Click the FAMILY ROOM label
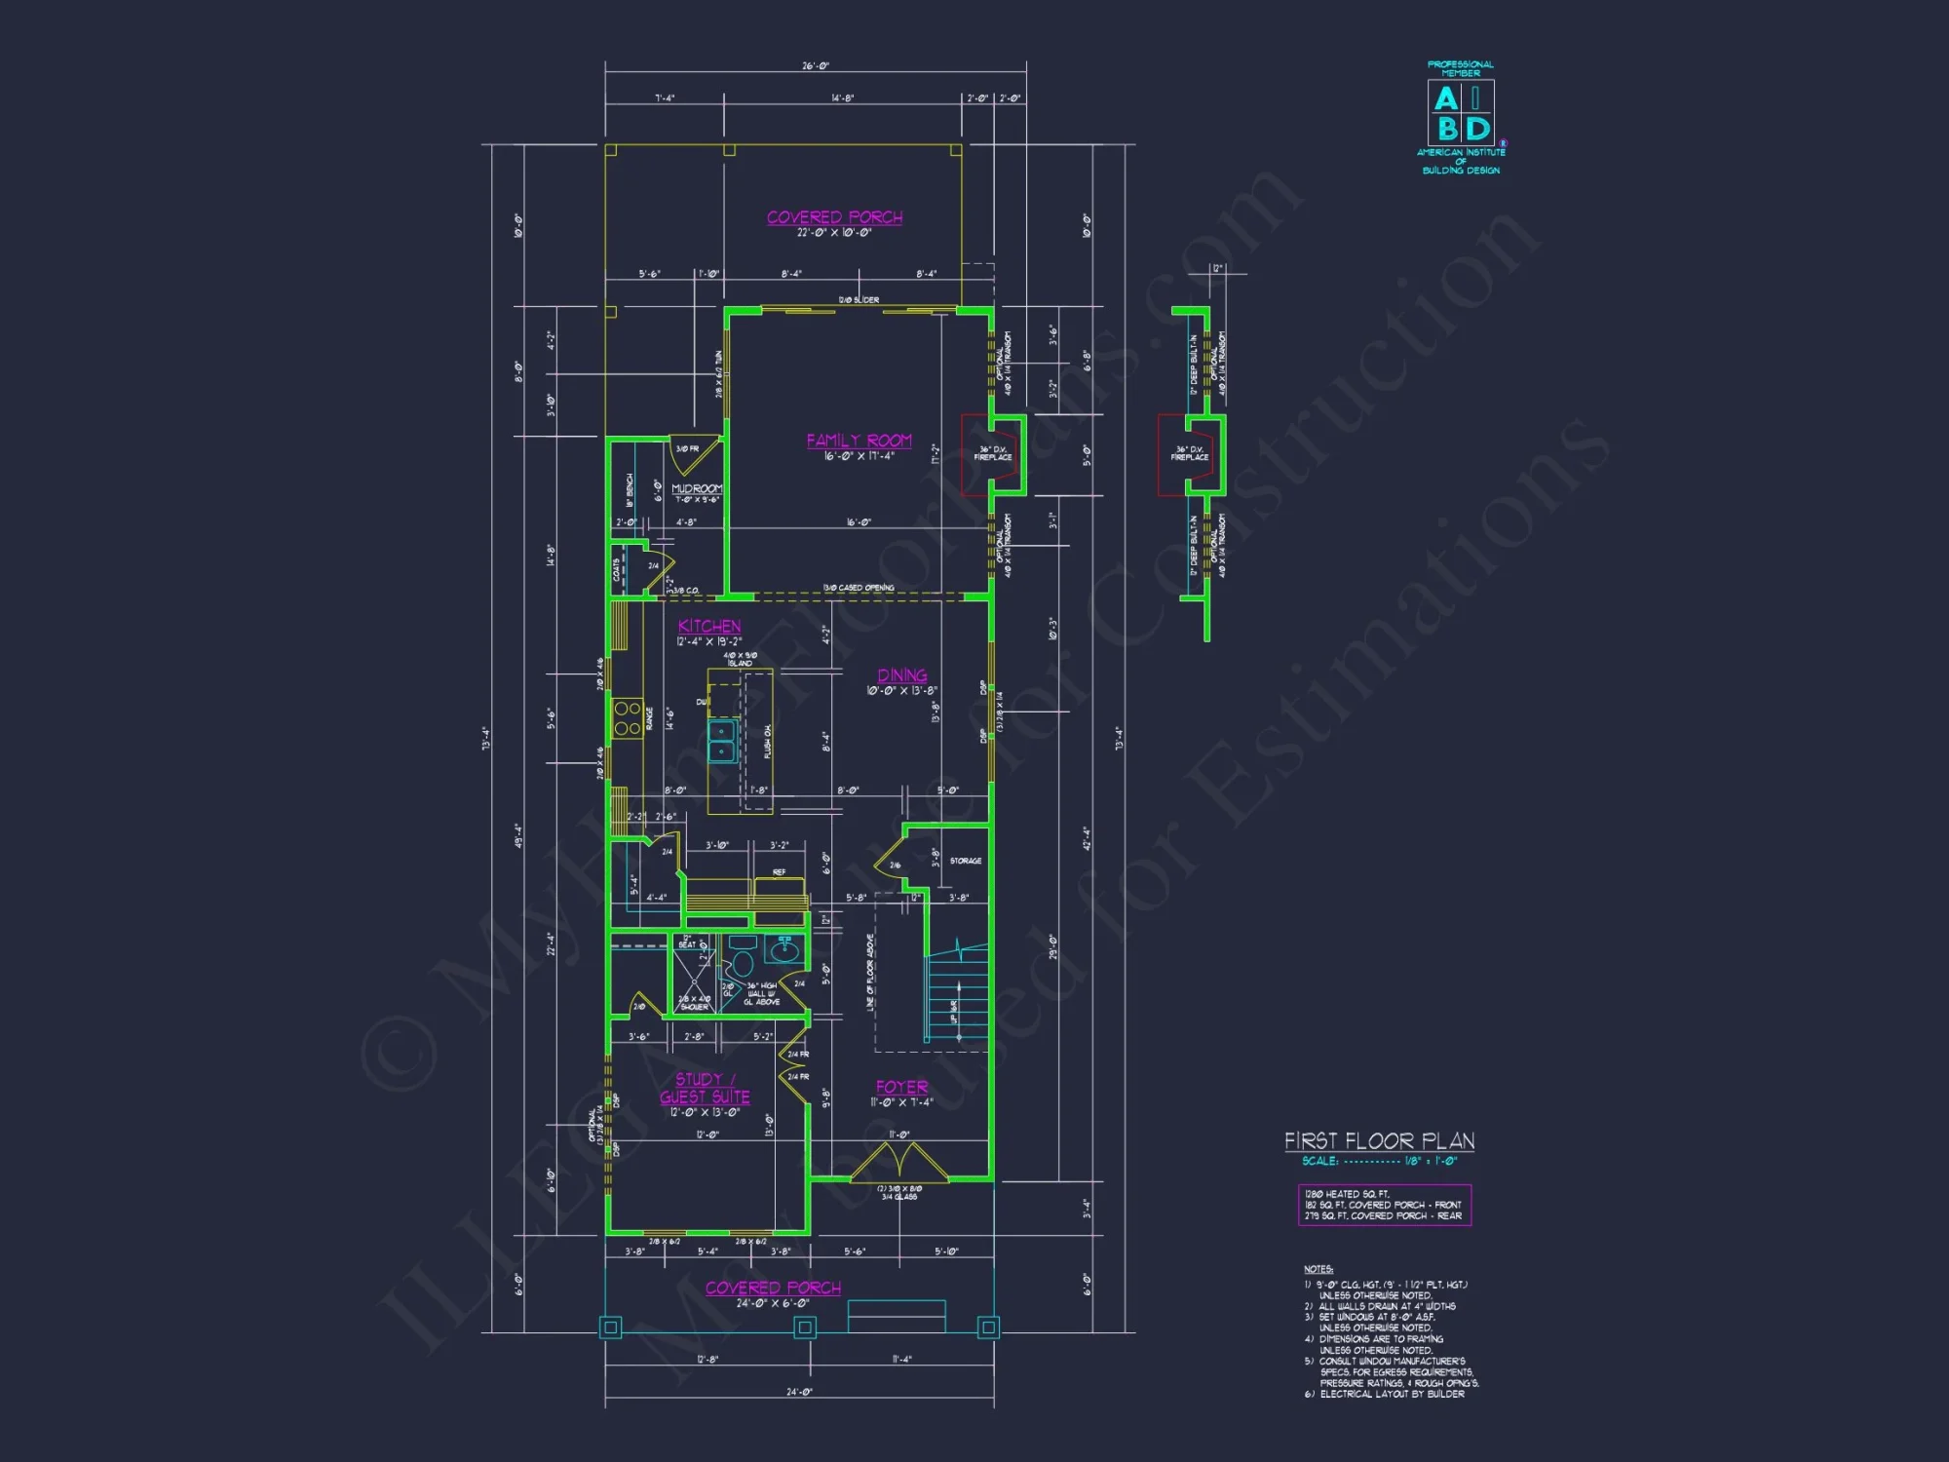(859, 441)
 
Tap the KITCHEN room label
(708, 627)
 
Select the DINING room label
(901, 675)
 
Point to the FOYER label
(901, 1087)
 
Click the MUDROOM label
(697, 488)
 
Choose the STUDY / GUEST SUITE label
(705, 1088)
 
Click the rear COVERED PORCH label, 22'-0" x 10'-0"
(834, 217)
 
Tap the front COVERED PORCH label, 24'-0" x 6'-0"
(773, 1288)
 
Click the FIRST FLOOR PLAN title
(1379, 1140)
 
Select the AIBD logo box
(1461, 113)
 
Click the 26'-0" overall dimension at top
(816, 66)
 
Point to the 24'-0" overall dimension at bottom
(799, 1392)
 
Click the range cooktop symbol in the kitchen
(627, 718)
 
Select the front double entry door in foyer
(898, 1162)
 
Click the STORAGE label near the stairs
(966, 861)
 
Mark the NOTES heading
(1318, 1269)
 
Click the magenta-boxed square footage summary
(1384, 1205)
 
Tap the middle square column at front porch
(805, 1327)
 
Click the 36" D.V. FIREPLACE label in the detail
(1189, 453)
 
